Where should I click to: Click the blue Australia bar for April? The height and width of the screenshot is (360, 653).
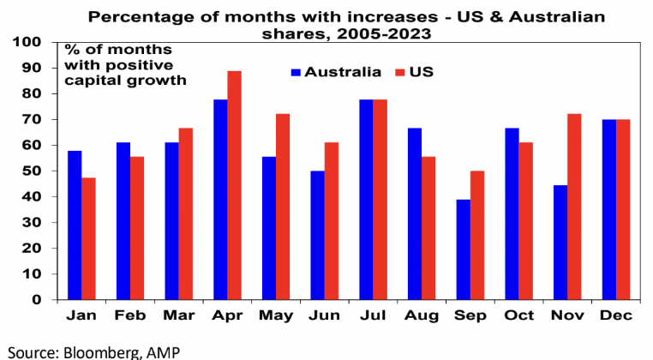(221, 200)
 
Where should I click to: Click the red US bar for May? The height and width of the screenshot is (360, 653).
(283, 207)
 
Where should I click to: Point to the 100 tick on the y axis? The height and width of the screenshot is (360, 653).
(29, 42)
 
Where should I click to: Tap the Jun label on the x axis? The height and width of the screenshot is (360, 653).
(325, 315)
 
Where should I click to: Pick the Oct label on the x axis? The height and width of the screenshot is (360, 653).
(519, 315)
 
